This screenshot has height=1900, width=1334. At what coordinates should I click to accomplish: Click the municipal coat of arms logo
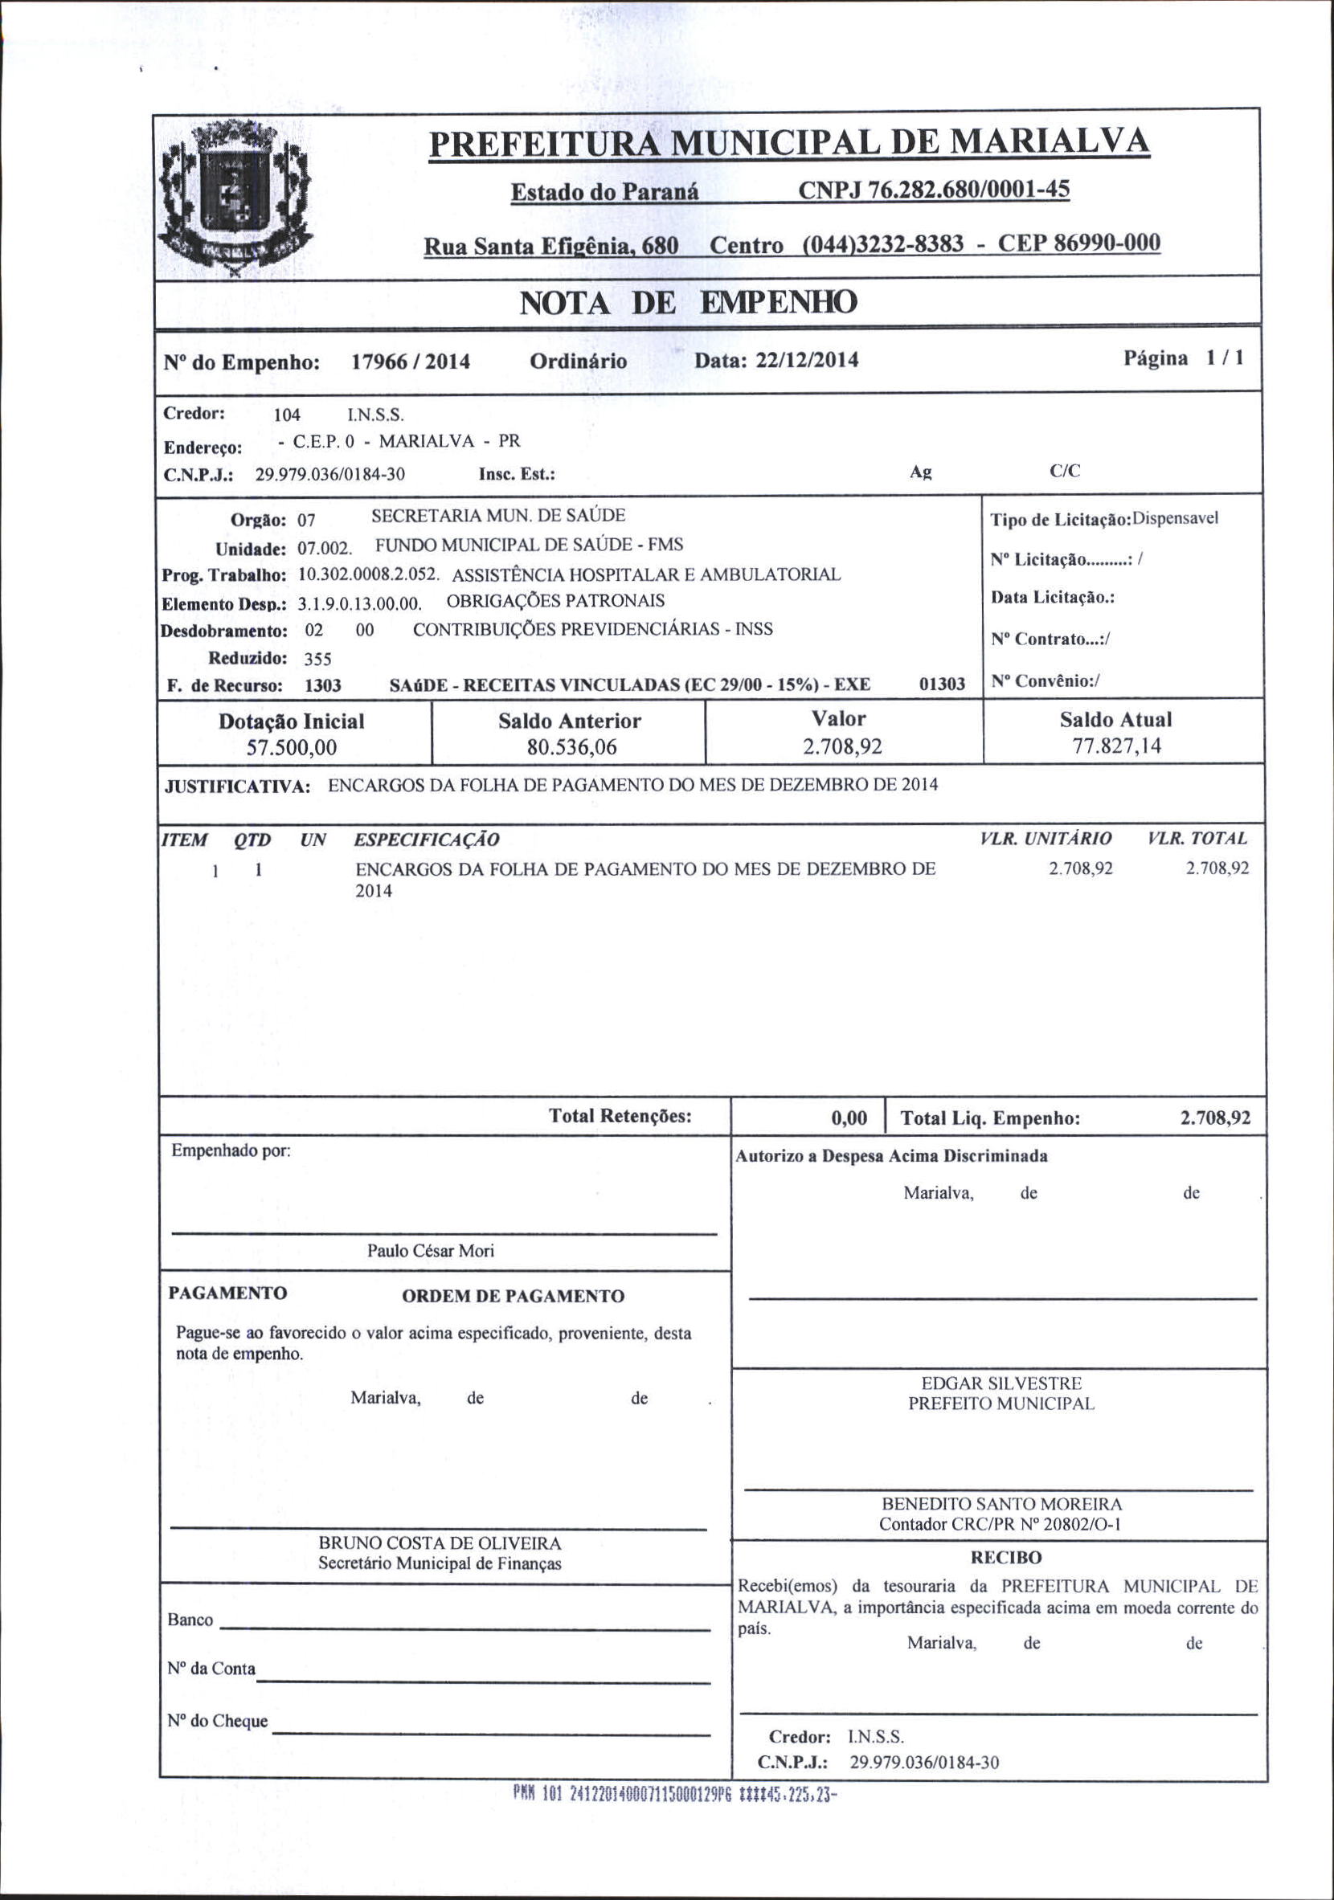235,197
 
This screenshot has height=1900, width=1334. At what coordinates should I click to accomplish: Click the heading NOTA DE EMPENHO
688,304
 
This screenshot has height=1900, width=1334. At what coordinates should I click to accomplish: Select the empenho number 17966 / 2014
411,362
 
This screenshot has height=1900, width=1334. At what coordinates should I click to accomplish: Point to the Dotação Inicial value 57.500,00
291,748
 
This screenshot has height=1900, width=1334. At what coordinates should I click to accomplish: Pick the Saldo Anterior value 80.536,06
572,748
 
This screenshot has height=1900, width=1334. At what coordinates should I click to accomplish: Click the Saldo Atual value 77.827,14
1116,746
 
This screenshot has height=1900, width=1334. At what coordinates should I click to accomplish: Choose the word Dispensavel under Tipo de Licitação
1175,519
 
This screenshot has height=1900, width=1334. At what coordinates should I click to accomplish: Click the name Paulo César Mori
430,1251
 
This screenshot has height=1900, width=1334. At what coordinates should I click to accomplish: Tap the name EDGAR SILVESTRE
1001,1383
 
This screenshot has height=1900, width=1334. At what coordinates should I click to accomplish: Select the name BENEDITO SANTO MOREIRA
1001,1504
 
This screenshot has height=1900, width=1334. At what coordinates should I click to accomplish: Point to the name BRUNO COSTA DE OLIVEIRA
440,1543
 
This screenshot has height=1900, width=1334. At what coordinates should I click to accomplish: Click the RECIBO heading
1005,1558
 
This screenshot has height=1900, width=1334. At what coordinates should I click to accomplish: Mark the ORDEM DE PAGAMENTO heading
513,1297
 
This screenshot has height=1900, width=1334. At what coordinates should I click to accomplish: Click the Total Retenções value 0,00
849,1119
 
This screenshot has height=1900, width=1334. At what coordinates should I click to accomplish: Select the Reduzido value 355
317,659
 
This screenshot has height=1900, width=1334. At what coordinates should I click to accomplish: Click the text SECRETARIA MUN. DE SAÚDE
498,516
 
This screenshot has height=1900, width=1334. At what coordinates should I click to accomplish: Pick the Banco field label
190,1620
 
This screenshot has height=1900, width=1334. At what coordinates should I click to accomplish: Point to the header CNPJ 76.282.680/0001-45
934,190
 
